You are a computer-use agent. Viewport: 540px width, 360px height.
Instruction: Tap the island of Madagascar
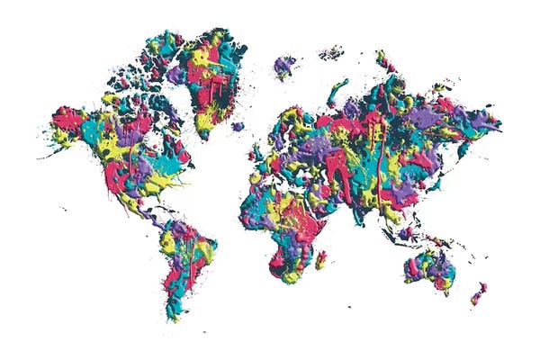[320, 260]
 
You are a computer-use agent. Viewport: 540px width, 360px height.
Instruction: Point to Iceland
[238, 127]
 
